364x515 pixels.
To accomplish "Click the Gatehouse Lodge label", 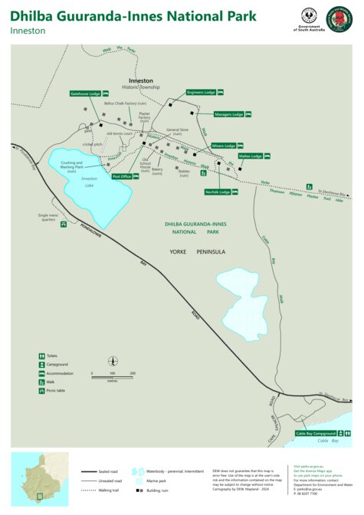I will [85, 93].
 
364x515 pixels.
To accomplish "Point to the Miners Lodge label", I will [224, 146].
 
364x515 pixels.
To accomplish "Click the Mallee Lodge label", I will [250, 156].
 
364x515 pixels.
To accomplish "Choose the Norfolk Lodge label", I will [218, 192].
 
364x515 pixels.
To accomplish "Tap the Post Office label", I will [122, 176].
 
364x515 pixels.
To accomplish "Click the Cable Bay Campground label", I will [316, 433].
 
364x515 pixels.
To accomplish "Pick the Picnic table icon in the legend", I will [41, 391].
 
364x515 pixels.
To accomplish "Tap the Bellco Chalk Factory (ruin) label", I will [131, 103].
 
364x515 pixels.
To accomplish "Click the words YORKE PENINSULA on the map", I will [196, 251].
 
